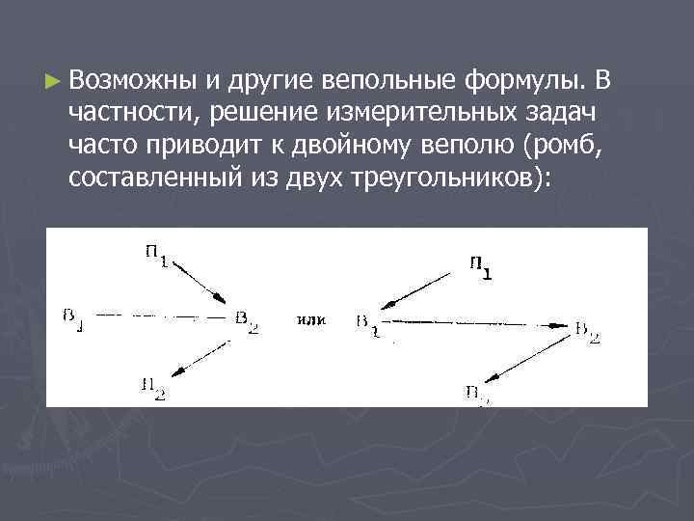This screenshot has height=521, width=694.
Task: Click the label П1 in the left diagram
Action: coord(155,257)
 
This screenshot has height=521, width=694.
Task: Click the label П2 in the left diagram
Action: coord(153,388)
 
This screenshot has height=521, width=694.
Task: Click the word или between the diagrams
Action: coord(312,318)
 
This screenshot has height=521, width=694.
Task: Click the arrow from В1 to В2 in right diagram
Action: coord(472,321)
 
